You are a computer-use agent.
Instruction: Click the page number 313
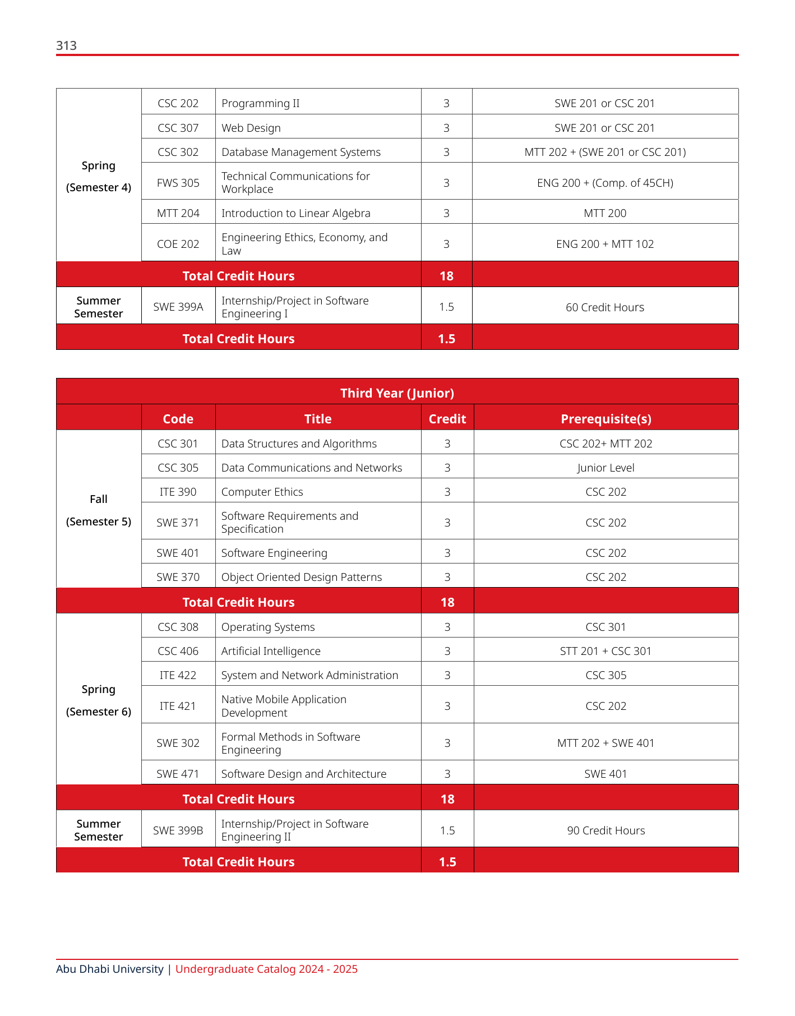tap(66, 45)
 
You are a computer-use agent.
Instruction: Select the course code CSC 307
tap(178, 128)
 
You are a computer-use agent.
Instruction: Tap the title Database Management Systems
tap(301, 152)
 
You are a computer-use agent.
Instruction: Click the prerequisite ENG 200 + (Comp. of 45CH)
tap(605, 183)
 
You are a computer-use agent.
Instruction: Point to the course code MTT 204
tap(178, 213)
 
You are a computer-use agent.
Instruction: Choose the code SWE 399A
tap(178, 307)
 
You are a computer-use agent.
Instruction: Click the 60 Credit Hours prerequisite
tap(605, 307)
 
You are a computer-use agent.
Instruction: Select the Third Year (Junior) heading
tap(397, 393)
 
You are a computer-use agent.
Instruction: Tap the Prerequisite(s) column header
tap(606, 419)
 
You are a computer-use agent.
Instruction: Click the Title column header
tap(318, 419)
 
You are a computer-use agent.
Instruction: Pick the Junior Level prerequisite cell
tap(606, 468)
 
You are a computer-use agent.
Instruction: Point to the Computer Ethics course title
tap(262, 492)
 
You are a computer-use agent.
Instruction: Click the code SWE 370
tap(178, 577)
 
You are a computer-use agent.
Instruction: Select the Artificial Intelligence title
tap(271, 651)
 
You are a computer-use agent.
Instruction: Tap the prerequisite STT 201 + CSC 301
tap(606, 651)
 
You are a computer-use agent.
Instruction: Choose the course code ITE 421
tap(178, 706)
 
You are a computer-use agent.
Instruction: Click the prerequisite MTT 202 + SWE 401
tap(606, 743)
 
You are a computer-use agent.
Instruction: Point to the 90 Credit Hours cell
tap(606, 830)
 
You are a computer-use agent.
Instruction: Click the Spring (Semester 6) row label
tap(99, 700)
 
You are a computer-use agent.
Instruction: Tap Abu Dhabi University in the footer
tap(110, 969)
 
